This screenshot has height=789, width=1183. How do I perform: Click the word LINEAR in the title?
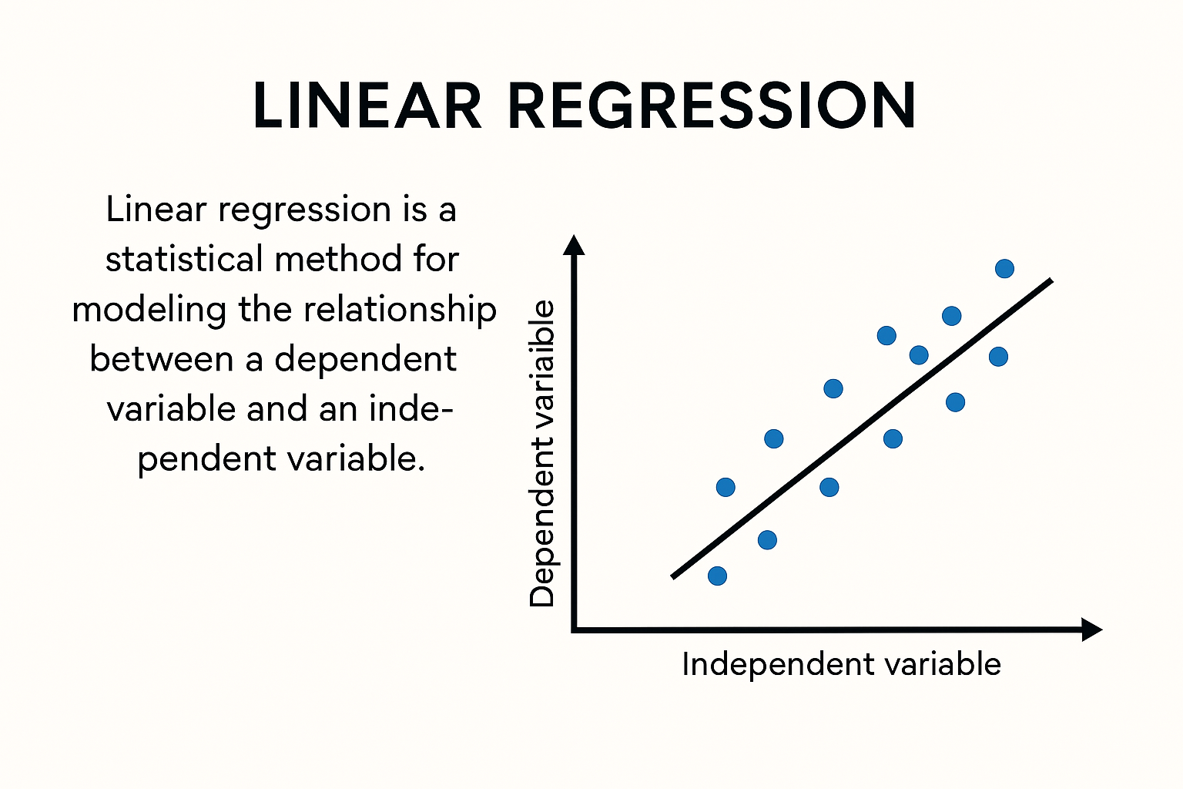click(367, 105)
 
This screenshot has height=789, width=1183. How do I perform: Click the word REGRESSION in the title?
click(712, 105)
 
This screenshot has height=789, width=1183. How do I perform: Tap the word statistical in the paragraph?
click(184, 259)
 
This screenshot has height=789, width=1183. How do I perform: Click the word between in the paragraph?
click(162, 359)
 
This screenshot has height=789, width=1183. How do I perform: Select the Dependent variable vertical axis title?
click(542, 454)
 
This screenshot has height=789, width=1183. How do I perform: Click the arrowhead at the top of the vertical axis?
click(574, 245)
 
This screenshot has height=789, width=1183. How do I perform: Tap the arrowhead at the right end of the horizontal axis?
click(1091, 630)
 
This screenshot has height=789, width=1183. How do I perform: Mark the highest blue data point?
click(1004, 268)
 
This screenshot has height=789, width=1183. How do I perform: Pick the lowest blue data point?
click(717, 576)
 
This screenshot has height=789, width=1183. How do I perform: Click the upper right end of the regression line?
click(1051, 280)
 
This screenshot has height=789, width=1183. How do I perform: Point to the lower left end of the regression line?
click(673, 577)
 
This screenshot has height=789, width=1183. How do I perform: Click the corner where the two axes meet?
click(574, 630)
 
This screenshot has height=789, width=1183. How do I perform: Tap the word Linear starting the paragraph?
click(156, 210)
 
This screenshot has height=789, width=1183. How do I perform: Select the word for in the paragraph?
click(436, 259)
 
